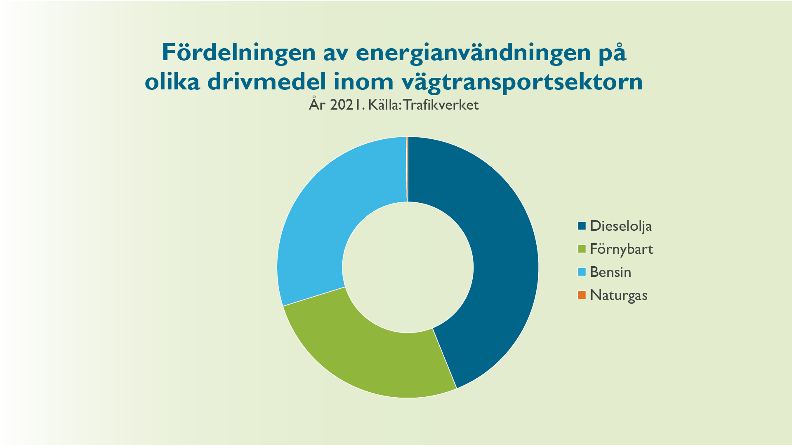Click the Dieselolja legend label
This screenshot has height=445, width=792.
point(621,226)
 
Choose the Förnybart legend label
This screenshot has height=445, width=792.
point(622,249)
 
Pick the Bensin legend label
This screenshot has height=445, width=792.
point(610,272)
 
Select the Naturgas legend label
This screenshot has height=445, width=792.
point(619,295)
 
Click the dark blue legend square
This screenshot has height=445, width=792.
point(582,226)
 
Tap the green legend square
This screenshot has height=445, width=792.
point(582,249)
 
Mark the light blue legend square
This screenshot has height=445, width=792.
point(582,272)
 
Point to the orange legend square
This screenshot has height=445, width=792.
point(582,295)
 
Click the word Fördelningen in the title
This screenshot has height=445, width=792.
point(238,53)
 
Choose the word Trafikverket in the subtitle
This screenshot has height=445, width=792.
point(441,105)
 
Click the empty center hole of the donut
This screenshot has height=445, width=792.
point(408,267)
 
